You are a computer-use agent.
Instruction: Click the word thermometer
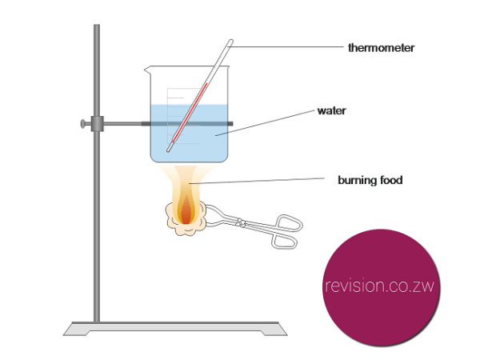(382, 48)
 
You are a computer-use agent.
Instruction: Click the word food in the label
(391, 180)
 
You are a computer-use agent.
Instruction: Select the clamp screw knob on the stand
(82, 124)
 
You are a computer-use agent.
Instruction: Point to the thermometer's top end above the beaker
(229, 43)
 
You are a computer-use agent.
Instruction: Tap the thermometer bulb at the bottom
(170, 149)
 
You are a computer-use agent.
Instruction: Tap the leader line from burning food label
(264, 182)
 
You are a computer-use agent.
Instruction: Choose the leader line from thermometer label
(288, 47)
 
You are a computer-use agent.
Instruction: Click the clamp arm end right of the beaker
(230, 124)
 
